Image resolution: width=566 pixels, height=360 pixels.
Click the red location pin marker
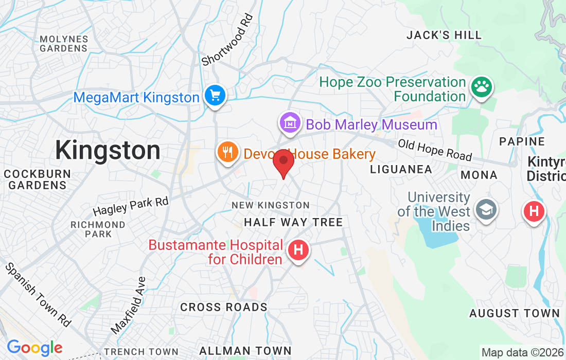(283, 163)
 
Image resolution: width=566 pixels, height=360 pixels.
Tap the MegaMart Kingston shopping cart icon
(215, 96)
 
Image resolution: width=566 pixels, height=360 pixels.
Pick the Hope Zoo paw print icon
(481, 87)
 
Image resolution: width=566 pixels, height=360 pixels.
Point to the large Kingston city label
(108, 151)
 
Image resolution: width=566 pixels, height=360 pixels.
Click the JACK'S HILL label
(444, 35)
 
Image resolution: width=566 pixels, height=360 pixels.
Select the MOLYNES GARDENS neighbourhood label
(64, 44)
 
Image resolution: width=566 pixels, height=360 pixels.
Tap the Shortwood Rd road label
(228, 40)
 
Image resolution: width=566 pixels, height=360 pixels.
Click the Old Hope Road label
(435, 149)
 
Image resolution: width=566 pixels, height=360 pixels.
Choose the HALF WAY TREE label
(293, 222)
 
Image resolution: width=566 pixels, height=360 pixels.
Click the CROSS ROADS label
(224, 307)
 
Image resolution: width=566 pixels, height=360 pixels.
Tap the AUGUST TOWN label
(515, 313)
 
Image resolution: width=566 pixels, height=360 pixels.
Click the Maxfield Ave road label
(129, 304)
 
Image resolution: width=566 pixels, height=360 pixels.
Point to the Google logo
(34, 348)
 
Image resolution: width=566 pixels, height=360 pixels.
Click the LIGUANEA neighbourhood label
(401, 169)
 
